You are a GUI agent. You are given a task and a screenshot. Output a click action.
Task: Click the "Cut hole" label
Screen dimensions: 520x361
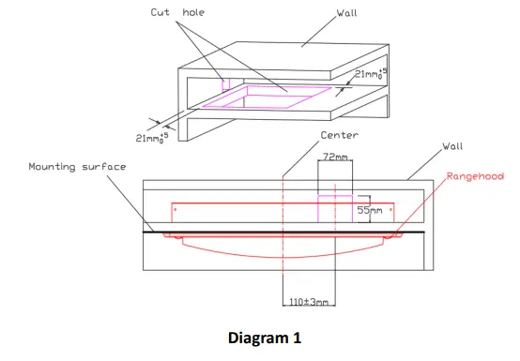coord(177,12)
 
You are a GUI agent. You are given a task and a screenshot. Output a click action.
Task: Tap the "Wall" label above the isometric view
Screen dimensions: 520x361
coord(347,13)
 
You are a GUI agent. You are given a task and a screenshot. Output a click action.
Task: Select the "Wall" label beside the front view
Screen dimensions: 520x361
coord(452,146)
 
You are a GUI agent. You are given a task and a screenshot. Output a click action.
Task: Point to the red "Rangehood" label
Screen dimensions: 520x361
coord(475,176)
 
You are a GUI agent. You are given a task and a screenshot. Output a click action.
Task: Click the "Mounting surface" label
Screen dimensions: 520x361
coord(77,166)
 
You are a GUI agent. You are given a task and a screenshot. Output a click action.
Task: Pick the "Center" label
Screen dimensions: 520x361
coord(339,135)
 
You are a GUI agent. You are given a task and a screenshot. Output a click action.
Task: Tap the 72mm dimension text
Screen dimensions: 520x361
coord(335,157)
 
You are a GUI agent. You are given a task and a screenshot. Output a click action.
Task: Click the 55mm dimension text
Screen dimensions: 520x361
coord(370,210)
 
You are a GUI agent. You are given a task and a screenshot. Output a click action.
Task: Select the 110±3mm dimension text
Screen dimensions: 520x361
coord(309,302)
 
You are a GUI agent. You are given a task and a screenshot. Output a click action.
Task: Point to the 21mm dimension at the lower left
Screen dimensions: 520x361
coord(152,138)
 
